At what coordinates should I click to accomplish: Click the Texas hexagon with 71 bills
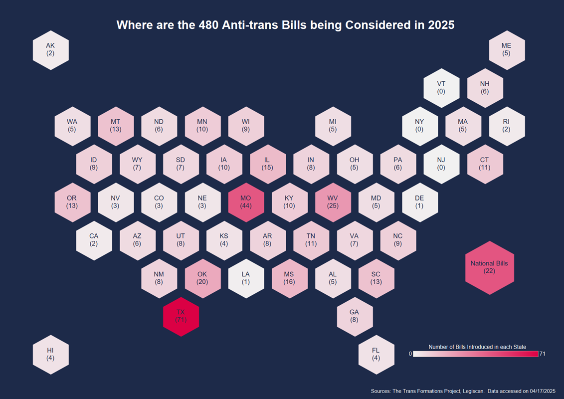pyautogui.click(x=181, y=317)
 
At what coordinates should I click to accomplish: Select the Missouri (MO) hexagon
pyautogui.click(x=246, y=202)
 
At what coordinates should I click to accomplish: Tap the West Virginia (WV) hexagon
pyautogui.click(x=333, y=202)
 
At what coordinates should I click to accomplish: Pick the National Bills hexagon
pyautogui.click(x=490, y=268)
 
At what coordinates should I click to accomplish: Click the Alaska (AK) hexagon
pyautogui.click(x=51, y=50)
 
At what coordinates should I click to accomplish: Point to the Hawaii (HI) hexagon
pyautogui.click(x=51, y=355)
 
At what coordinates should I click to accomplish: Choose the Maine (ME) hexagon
pyautogui.click(x=507, y=50)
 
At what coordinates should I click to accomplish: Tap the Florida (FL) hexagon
pyautogui.click(x=376, y=355)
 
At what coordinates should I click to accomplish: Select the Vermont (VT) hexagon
pyautogui.click(x=441, y=88)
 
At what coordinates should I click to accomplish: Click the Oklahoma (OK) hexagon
pyautogui.click(x=202, y=278)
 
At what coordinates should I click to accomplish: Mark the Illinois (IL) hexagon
pyautogui.click(x=268, y=164)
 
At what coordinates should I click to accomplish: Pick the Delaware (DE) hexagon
pyautogui.click(x=420, y=202)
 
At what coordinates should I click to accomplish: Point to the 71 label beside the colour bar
pyautogui.click(x=543, y=354)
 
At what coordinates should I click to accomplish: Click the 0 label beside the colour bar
pyautogui.click(x=410, y=354)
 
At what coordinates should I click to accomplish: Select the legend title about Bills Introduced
pyautogui.click(x=477, y=347)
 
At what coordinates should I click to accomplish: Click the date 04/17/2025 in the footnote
pyautogui.click(x=543, y=391)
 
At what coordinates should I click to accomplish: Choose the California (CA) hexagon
pyautogui.click(x=94, y=240)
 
